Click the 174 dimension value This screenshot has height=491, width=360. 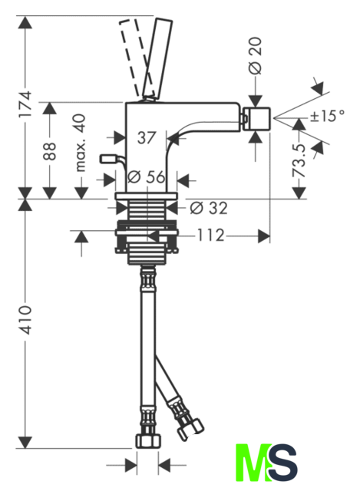25,104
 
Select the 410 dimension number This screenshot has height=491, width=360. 25,320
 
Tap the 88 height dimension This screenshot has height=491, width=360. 50,151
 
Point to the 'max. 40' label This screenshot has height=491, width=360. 80,143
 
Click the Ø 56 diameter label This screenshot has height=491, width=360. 146,177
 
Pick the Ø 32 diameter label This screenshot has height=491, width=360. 209,208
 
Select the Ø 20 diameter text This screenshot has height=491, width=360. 256,56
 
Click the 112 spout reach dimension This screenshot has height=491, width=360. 210,236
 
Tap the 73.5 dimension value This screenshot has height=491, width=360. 299,160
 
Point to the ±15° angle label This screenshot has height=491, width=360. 327,116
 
